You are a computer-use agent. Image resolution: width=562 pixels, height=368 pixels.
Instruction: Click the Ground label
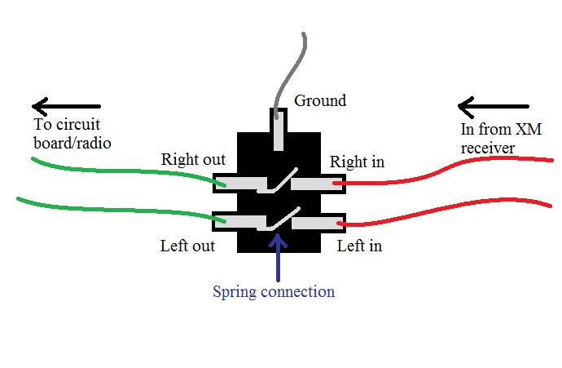[x=319, y=101]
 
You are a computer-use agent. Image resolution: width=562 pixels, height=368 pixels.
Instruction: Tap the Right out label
[x=193, y=160]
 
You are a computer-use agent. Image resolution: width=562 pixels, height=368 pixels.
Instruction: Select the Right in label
[x=357, y=162]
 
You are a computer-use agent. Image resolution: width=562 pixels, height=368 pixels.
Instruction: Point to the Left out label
[x=187, y=245]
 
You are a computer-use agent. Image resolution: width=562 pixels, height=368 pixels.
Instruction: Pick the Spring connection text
[x=274, y=291]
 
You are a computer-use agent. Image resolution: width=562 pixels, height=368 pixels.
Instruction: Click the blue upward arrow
[x=279, y=257]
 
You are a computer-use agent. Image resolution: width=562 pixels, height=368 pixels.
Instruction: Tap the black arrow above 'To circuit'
[x=65, y=106]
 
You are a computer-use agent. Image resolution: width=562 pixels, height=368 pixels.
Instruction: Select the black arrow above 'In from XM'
[x=492, y=106]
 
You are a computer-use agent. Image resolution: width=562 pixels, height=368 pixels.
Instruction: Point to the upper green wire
[x=122, y=169]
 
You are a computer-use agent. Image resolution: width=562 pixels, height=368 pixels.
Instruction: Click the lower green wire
[x=114, y=208]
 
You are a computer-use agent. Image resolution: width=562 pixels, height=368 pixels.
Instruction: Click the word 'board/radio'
[x=72, y=143]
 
